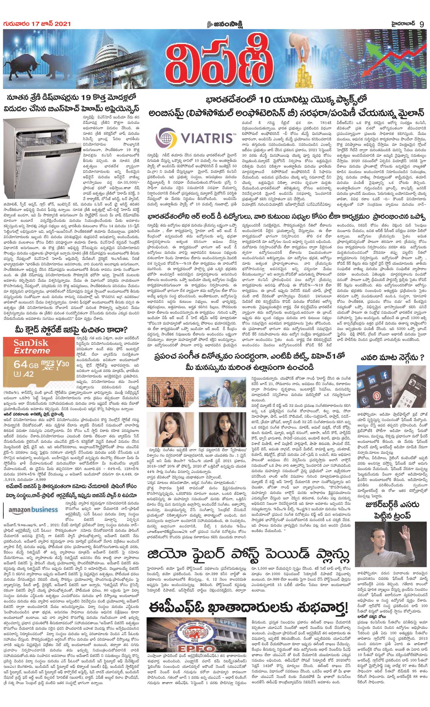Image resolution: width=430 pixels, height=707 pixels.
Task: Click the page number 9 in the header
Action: [422, 24]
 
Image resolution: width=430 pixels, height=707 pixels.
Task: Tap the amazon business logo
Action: [33, 510]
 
